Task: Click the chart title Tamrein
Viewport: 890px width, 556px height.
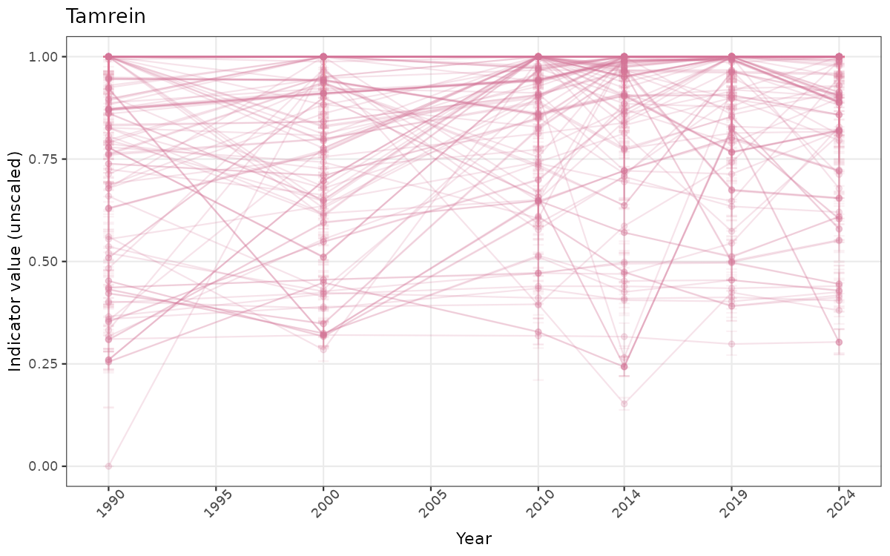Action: (105, 16)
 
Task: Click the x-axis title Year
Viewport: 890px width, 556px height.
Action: (473, 538)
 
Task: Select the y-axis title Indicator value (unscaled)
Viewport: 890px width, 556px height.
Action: (16, 261)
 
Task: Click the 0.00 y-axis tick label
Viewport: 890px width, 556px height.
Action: (43, 466)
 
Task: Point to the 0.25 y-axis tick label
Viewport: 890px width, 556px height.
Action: (43, 364)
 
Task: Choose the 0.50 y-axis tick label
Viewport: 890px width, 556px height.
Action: (43, 262)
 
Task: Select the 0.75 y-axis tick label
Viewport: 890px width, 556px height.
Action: (43, 159)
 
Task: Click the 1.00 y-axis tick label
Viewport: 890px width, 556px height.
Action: (43, 57)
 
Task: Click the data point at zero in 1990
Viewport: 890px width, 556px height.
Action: (108, 466)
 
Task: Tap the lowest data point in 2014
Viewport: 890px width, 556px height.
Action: (624, 404)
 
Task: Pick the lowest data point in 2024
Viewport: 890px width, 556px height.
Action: (839, 342)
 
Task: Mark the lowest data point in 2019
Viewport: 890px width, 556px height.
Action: (731, 344)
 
